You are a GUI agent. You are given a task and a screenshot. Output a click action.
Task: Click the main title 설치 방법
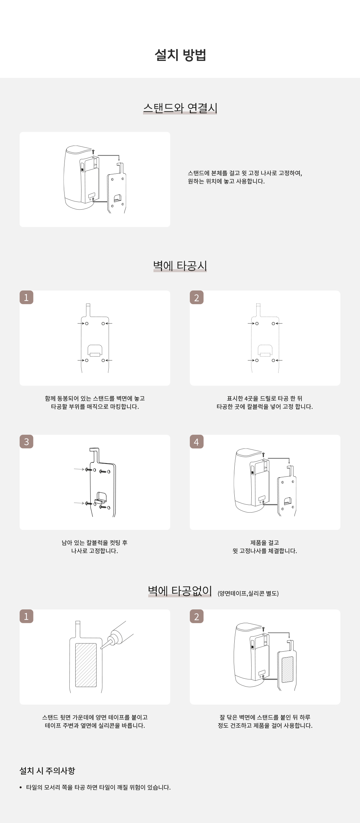[x=180, y=55]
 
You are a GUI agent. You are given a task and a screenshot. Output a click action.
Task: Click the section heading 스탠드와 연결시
[x=180, y=108]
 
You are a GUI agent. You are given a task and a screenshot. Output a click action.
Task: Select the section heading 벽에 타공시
[x=180, y=266]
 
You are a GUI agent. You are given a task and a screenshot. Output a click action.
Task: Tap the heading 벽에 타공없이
[x=180, y=591]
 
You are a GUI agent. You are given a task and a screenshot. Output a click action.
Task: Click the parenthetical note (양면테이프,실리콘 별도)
[x=248, y=593]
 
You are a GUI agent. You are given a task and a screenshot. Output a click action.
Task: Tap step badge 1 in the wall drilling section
[x=27, y=297]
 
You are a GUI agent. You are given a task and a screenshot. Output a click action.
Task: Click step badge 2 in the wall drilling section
[x=197, y=297]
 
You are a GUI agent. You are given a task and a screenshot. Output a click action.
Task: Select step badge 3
[x=27, y=442]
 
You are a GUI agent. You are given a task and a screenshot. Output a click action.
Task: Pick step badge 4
[x=197, y=442]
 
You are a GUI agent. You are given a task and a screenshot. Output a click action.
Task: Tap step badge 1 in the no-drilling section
[x=27, y=616]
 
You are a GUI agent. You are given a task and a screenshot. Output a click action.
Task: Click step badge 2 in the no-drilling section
[x=197, y=616]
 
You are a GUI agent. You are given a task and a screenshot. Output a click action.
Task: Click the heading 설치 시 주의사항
[x=47, y=771]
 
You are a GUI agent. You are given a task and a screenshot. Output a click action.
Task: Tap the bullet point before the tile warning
[x=21, y=788]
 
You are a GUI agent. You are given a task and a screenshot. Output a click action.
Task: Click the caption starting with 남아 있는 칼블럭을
[x=95, y=547]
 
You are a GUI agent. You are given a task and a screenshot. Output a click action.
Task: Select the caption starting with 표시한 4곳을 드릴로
[x=265, y=402]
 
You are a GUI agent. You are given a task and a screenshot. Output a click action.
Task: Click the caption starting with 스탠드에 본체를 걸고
[x=245, y=177]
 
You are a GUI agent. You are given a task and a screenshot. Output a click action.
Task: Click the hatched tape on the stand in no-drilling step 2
[x=287, y=669]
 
